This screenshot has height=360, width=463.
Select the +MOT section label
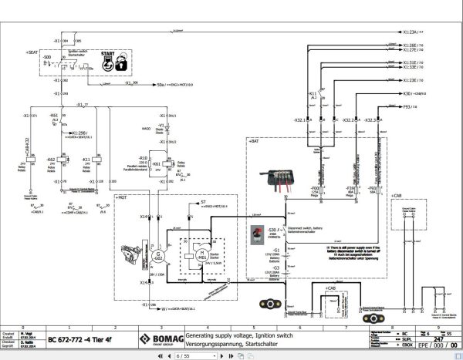click(x=121, y=197)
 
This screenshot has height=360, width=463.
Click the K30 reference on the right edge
click(x=411, y=93)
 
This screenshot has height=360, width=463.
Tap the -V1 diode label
click(x=161, y=124)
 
